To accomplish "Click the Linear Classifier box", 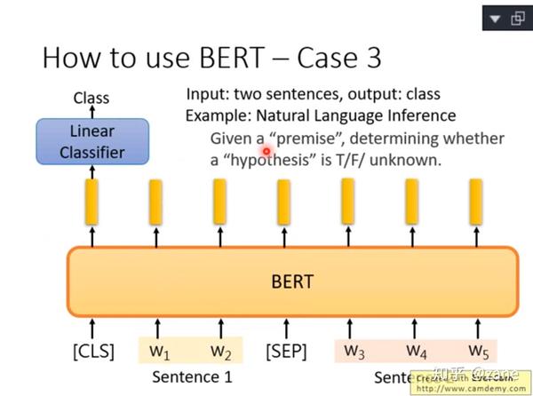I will click(x=91, y=141).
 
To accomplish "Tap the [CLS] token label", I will click(x=93, y=351).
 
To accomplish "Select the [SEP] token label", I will click(x=286, y=351).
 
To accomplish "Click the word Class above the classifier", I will click(x=91, y=98).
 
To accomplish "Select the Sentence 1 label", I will click(x=192, y=376).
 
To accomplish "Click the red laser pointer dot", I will click(x=266, y=151).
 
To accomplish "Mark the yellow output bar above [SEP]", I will click(x=283, y=202).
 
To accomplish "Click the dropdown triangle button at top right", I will click(x=493, y=17).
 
